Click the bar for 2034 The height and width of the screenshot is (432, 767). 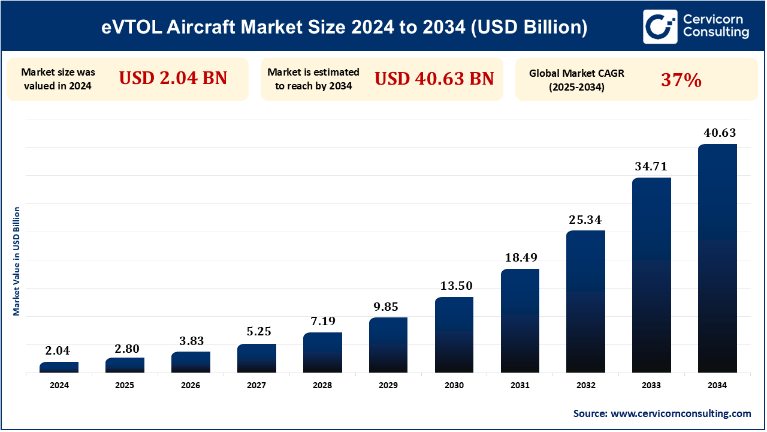pyautogui.click(x=717, y=258)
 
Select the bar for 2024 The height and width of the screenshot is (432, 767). pyautogui.click(x=59, y=367)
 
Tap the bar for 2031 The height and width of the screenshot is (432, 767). pyautogui.click(x=520, y=320)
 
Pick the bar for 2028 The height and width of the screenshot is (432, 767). pyautogui.click(x=322, y=352)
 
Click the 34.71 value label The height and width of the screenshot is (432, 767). pyautogui.click(x=651, y=166)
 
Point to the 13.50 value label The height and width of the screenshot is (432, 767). pyautogui.click(x=454, y=286)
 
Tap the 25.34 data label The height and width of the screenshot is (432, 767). pyautogui.click(x=585, y=220)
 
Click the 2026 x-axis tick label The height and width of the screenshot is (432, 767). pyautogui.click(x=191, y=386)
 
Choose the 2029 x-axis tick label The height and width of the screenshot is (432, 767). pyautogui.click(x=388, y=386)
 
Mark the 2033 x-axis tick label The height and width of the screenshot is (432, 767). pyautogui.click(x=651, y=386)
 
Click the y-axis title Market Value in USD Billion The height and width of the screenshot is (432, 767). pyautogui.click(x=17, y=261)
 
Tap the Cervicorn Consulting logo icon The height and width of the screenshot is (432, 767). pyautogui.click(x=660, y=26)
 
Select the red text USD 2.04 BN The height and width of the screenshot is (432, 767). pyautogui.click(x=173, y=78)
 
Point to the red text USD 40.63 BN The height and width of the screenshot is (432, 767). pyautogui.click(x=434, y=78)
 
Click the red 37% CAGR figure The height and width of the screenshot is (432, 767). pyautogui.click(x=681, y=79)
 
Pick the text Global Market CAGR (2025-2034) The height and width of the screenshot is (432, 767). pyautogui.click(x=567, y=79)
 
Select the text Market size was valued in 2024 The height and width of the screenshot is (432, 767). pyautogui.click(x=58, y=79)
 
